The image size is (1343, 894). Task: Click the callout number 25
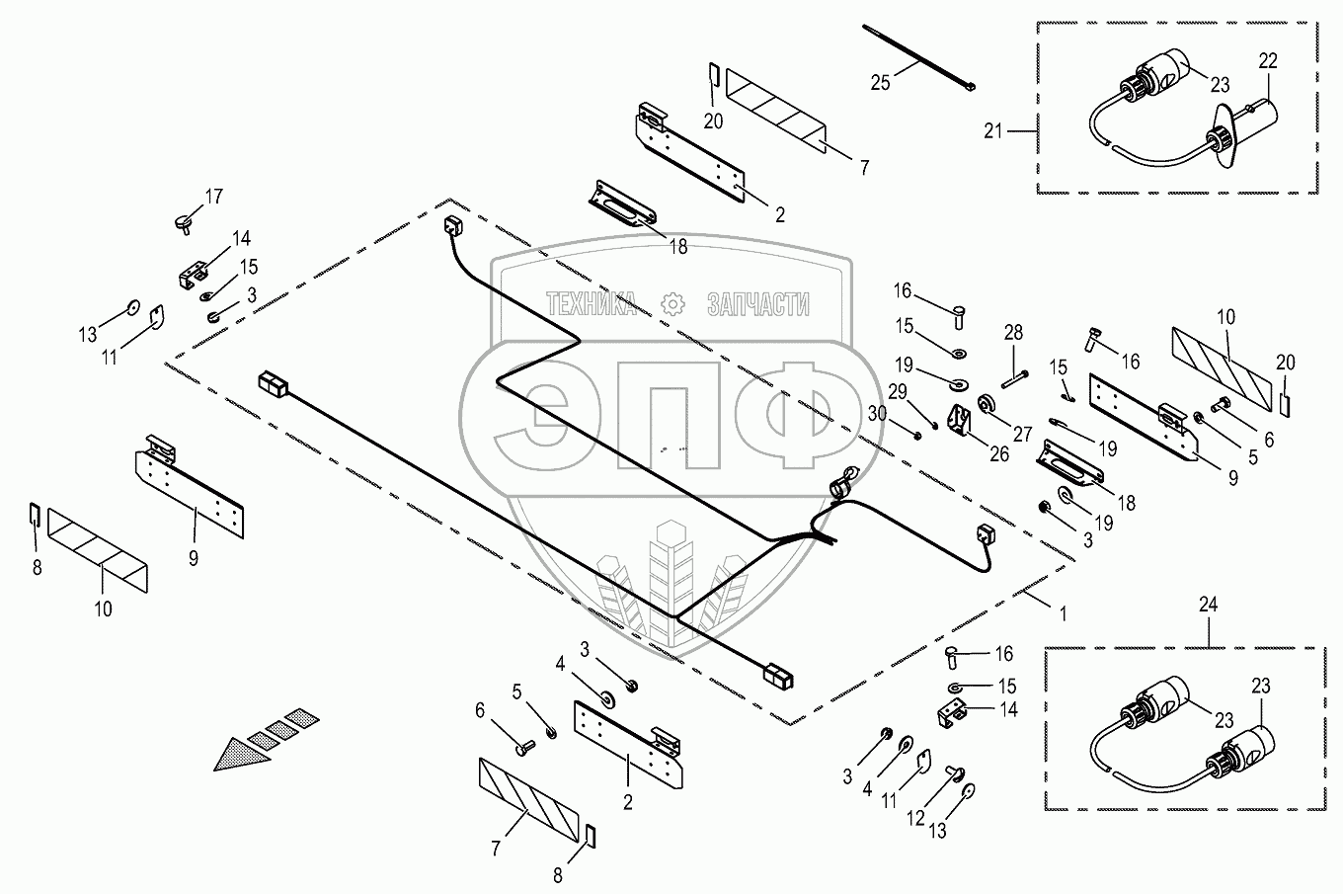pos(880,83)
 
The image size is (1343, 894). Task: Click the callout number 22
pos(1268,61)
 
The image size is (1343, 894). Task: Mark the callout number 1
pos(1063,613)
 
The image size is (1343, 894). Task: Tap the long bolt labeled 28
pos(1013,377)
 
